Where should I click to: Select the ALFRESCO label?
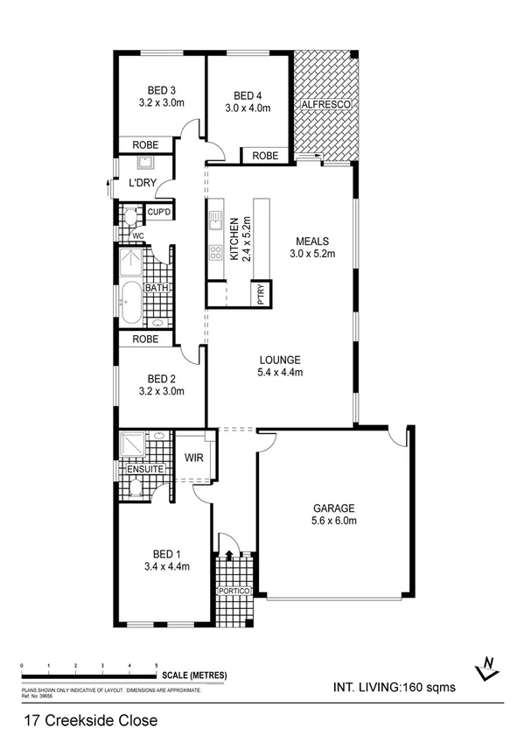click(326, 105)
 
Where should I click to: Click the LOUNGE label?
click(280, 360)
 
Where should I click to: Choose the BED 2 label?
click(162, 378)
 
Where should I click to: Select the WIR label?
click(194, 457)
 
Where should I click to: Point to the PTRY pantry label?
click(261, 295)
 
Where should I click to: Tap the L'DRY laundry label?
click(142, 184)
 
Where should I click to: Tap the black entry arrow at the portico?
click(229, 554)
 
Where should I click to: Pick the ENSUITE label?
click(144, 469)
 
